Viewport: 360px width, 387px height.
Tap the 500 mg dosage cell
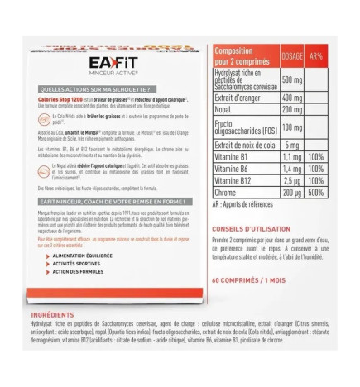point(291,79)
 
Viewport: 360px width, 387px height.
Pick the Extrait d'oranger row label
point(242,97)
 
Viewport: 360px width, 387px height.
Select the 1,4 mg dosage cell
point(291,168)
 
